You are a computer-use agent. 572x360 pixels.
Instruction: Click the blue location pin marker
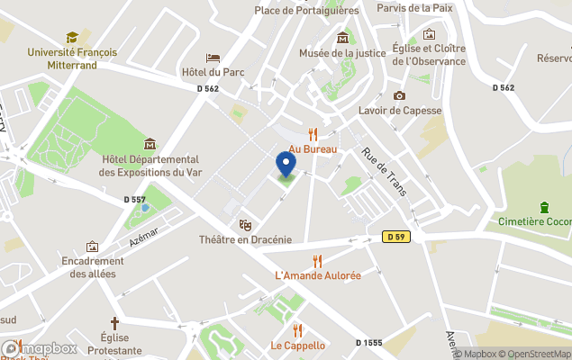286,165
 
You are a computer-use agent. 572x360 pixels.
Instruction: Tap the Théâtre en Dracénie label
245,239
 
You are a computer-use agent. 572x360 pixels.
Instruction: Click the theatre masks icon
245,224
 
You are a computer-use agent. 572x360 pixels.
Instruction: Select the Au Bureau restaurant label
313,148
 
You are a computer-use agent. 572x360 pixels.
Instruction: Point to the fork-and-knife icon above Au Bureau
313,133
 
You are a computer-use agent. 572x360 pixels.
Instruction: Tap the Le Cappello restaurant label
298,345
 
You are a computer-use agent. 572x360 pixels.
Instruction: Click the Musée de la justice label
342,53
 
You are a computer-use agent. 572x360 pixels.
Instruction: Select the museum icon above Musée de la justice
342,38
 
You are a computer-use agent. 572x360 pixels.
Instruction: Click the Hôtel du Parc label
213,72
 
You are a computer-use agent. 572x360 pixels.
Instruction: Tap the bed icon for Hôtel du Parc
213,58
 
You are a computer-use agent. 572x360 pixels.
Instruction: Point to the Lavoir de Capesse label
400,111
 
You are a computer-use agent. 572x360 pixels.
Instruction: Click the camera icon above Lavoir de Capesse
399,95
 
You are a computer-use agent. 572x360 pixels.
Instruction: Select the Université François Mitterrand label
72,58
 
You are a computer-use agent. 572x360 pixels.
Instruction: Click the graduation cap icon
72,37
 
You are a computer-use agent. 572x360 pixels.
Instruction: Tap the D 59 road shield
391,237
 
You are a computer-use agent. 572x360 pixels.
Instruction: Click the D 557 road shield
134,199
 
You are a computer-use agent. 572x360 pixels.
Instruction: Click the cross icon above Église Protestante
114,322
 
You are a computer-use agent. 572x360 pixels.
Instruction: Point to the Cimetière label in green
535,221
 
